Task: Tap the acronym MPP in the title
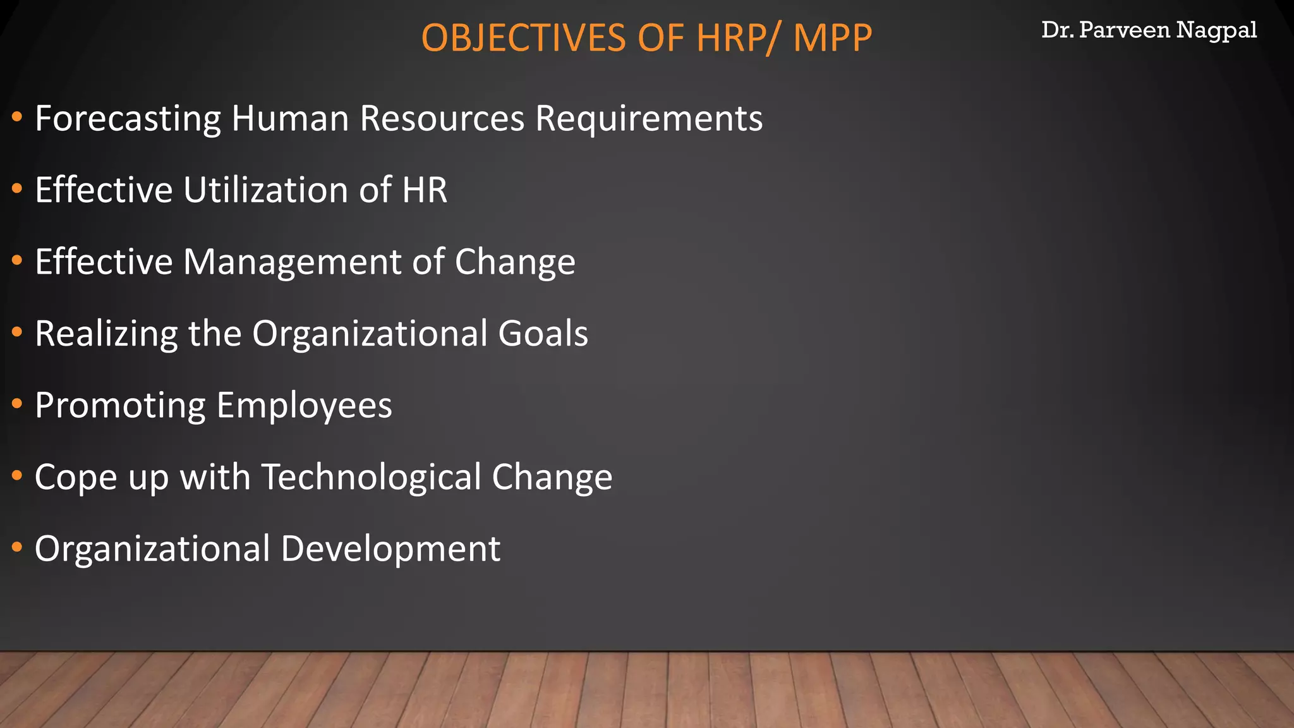(x=832, y=37)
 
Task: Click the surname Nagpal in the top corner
(x=1216, y=30)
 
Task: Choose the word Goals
(x=543, y=333)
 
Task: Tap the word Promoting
(x=120, y=406)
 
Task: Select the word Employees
(x=304, y=406)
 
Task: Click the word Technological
(x=372, y=476)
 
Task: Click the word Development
(x=390, y=549)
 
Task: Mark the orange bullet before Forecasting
(x=17, y=116)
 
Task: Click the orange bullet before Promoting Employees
(x=17, y=403)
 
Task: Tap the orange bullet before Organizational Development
(x=17, y=546)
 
